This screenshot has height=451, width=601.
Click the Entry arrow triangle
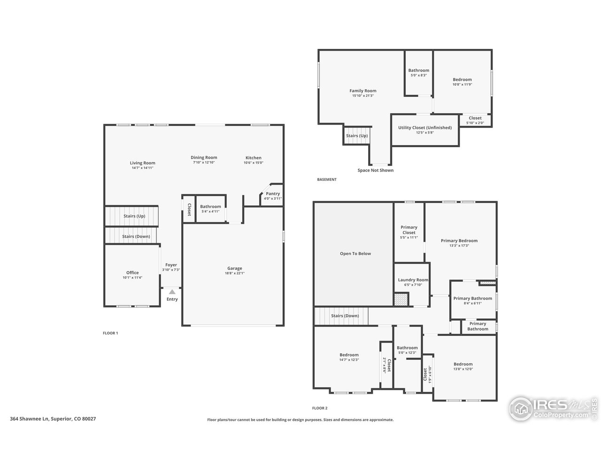tap(172, 292)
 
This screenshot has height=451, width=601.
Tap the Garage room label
tap(235, 268)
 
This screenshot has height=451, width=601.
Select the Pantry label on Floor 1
tap(273, 194)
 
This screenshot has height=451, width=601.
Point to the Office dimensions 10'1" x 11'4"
tap(132, 278)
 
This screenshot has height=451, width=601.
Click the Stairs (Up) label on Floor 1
tap(134, 216)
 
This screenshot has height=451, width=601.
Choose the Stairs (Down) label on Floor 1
tap(136, 236)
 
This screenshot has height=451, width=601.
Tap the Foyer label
tap(171, 265)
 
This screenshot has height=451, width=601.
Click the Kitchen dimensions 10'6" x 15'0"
tap(253, 163)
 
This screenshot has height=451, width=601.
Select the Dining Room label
tap(204, 157)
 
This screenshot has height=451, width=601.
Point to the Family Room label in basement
tap(363, 91)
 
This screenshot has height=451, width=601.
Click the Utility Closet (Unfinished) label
tap(425, 128)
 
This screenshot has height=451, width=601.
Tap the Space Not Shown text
tap(375, 171)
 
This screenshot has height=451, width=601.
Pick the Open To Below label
tap(355, 254)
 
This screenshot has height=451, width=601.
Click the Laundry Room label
tap(413, 280)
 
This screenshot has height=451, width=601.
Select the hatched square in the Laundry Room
tap(401, 299)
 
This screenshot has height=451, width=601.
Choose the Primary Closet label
tap(409, 230)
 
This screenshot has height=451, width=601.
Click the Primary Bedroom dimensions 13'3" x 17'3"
tap(459, 246)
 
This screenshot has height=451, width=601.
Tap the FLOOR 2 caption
tap(320, 408)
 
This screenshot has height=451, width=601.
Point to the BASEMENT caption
tap(327, 179)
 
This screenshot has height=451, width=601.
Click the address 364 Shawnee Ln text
tap(30, 419)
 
